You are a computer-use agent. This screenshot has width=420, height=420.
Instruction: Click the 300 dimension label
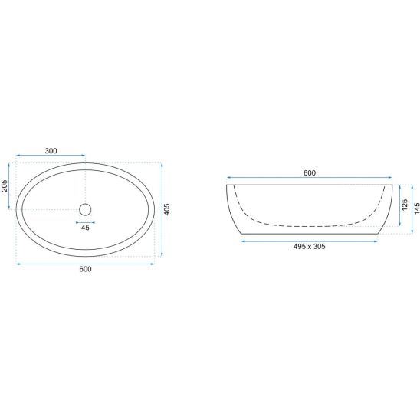coord(51,151)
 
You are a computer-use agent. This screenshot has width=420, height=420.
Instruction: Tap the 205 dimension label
coord(5,185)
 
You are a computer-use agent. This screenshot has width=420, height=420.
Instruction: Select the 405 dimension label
coord(166,209)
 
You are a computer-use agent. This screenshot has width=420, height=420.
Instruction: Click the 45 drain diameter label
coord(85,228)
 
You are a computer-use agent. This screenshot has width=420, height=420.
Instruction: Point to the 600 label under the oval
coord(85,269)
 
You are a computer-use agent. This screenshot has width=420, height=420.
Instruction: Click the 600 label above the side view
coord(310,173)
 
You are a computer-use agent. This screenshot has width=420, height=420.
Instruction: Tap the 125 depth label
coord(405,205)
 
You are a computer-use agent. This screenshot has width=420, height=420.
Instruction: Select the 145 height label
coord(417,208)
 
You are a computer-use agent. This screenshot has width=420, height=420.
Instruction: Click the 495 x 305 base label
coord(310,247)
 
